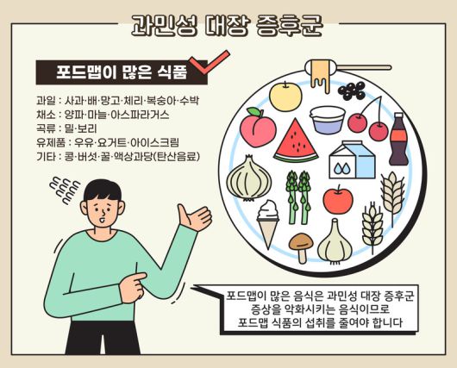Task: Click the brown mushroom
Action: [300, 246]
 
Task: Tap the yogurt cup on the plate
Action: [329, 119]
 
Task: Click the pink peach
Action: [256, 128]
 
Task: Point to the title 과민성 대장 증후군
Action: [226, 24]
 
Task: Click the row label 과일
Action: [46, 100]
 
